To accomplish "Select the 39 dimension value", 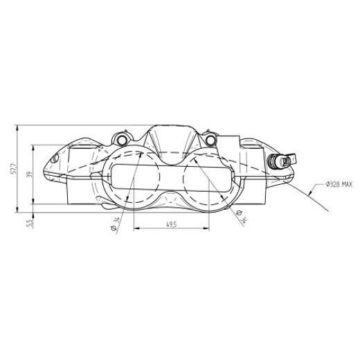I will coord(28,176).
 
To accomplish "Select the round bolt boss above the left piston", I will coord(124,141).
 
